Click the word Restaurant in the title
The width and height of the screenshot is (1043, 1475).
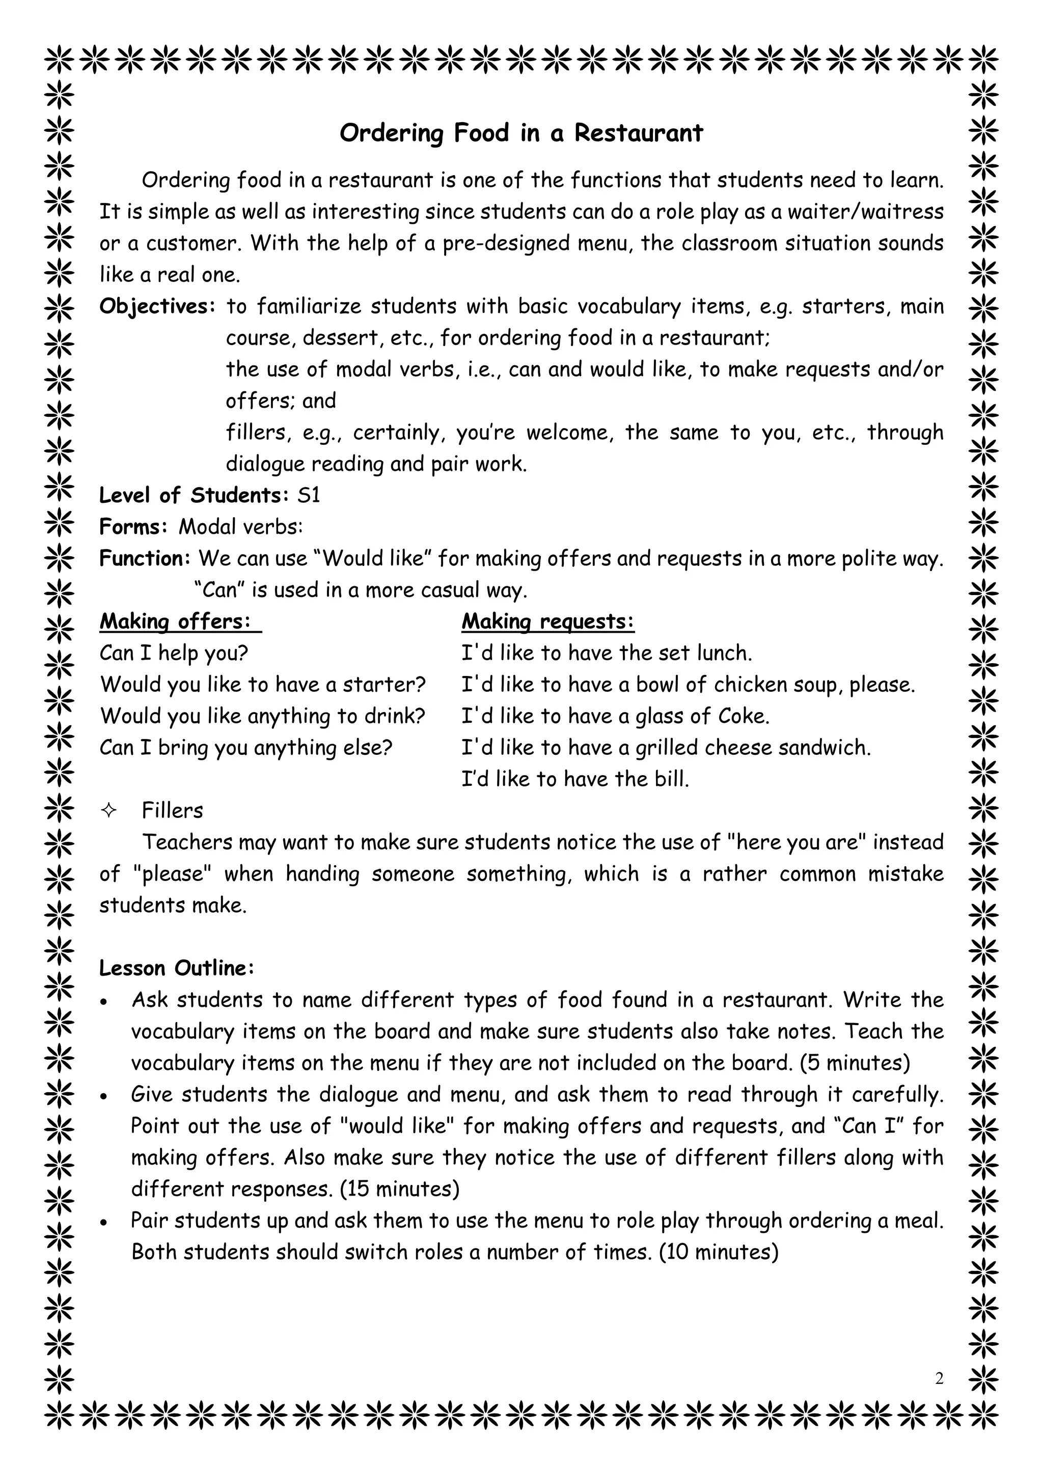(x=638, y=133)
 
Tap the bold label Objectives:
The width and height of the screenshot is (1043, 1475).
(x=157, y=306)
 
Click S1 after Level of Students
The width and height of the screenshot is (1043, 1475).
(x=309, y=495)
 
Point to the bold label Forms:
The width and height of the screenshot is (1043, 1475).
(x=133, y=527)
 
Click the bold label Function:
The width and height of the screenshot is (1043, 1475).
(x=145, y=558)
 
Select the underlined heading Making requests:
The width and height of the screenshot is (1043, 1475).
(x=547, y=621)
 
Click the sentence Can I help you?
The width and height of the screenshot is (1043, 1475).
(x=174, y=653)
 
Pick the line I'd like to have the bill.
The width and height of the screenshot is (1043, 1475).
(x=575, y=779)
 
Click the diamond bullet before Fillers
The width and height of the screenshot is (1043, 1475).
(x=108, y=811)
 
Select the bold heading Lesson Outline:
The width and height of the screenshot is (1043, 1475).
(x=177, y=968)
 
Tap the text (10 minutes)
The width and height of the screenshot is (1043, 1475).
(x=719, y=1252)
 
